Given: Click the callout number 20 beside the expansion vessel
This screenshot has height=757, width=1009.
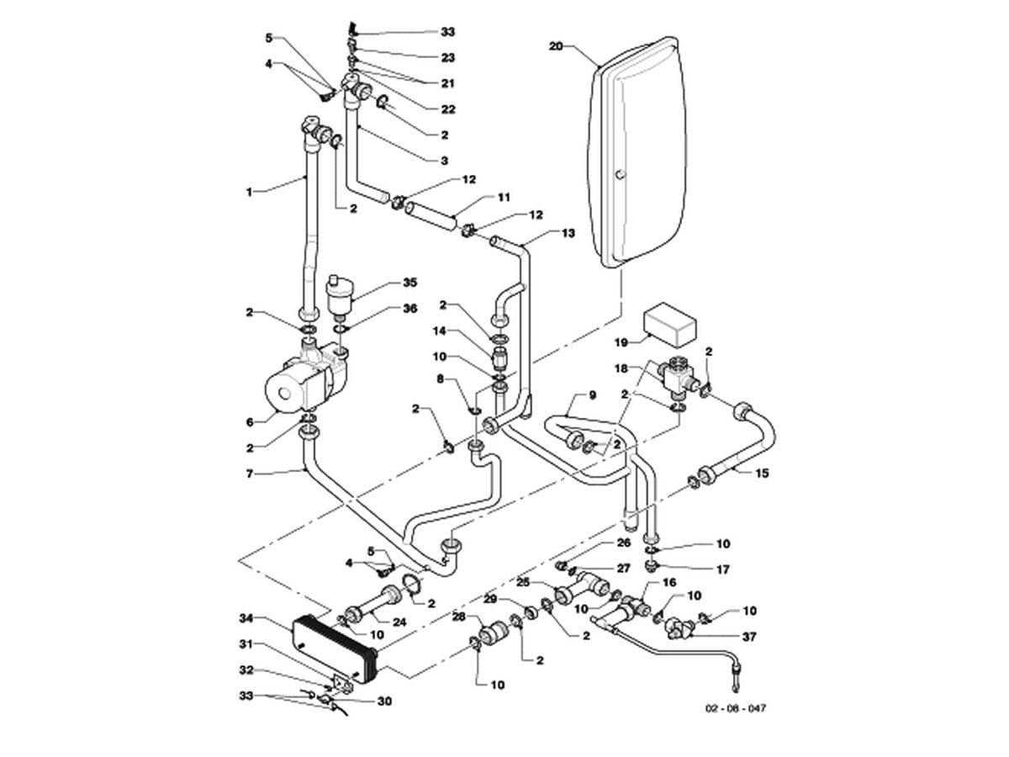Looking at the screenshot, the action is (556, 46).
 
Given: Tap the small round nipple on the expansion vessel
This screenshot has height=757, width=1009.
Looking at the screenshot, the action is (620, 174).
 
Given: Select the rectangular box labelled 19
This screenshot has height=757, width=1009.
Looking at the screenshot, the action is (668, 325).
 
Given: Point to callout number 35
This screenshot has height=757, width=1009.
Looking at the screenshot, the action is (409, 283).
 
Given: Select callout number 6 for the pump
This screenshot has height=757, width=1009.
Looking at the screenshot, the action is (250, 422).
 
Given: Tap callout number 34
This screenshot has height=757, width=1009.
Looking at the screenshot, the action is (246, 618).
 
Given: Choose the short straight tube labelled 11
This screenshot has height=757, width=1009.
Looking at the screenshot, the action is (431, 216).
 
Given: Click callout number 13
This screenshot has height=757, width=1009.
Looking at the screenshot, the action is (568, 233).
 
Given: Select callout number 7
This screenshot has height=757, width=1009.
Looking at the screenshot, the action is (250, 474).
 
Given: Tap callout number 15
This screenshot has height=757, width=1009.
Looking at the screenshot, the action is (762, 473).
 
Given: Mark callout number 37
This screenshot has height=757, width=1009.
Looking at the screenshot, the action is (749, 637).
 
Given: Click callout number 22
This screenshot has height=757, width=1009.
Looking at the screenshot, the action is (447, 109).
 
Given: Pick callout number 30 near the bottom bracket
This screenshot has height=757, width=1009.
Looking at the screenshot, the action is (384, 701).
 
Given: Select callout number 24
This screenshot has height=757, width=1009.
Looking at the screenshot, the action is (399, 622).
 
